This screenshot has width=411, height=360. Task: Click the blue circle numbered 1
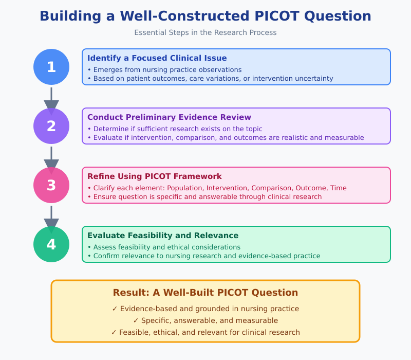pyautogui.click(x=51, y=67)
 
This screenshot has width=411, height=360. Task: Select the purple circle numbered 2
pyautogui.click(x=51, y=126)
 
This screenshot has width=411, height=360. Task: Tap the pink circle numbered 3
pyautogui.click(x=51, y=185)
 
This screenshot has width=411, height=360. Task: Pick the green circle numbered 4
pyautogui.click(x=51, y=244)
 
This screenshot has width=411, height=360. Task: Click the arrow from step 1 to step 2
pyautogui.click(x=51, y=100)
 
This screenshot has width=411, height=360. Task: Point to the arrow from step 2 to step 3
pyautogui.click(x=51, y=159)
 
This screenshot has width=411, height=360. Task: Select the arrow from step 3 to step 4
pyautogui.click(x=51, y=218)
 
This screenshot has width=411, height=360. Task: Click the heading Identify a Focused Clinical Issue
pyautogui.click(x=157, y=58)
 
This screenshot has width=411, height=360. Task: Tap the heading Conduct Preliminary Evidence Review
pyautogui.click(x=169, y=117)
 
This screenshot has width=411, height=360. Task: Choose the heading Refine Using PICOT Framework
pyautogui.click(x=154, y=176)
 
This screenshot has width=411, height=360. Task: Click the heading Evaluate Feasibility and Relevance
pyautogui.click(x=163, y=236)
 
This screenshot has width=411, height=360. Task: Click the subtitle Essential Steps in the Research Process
pyautogui.click(x=206, y=33)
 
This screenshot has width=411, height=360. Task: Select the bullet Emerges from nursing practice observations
pyautogui.click(x=164, y=69)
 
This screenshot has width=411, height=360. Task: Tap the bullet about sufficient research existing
pyautogui.click(x=175, y=129)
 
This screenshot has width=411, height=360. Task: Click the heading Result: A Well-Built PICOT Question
pyautogui.click(x=206, y=293)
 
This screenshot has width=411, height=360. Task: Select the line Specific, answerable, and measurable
pyautogui.click(x=206, y=320)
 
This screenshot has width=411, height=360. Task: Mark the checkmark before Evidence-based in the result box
pyautogui.click(x=115, y=309)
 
